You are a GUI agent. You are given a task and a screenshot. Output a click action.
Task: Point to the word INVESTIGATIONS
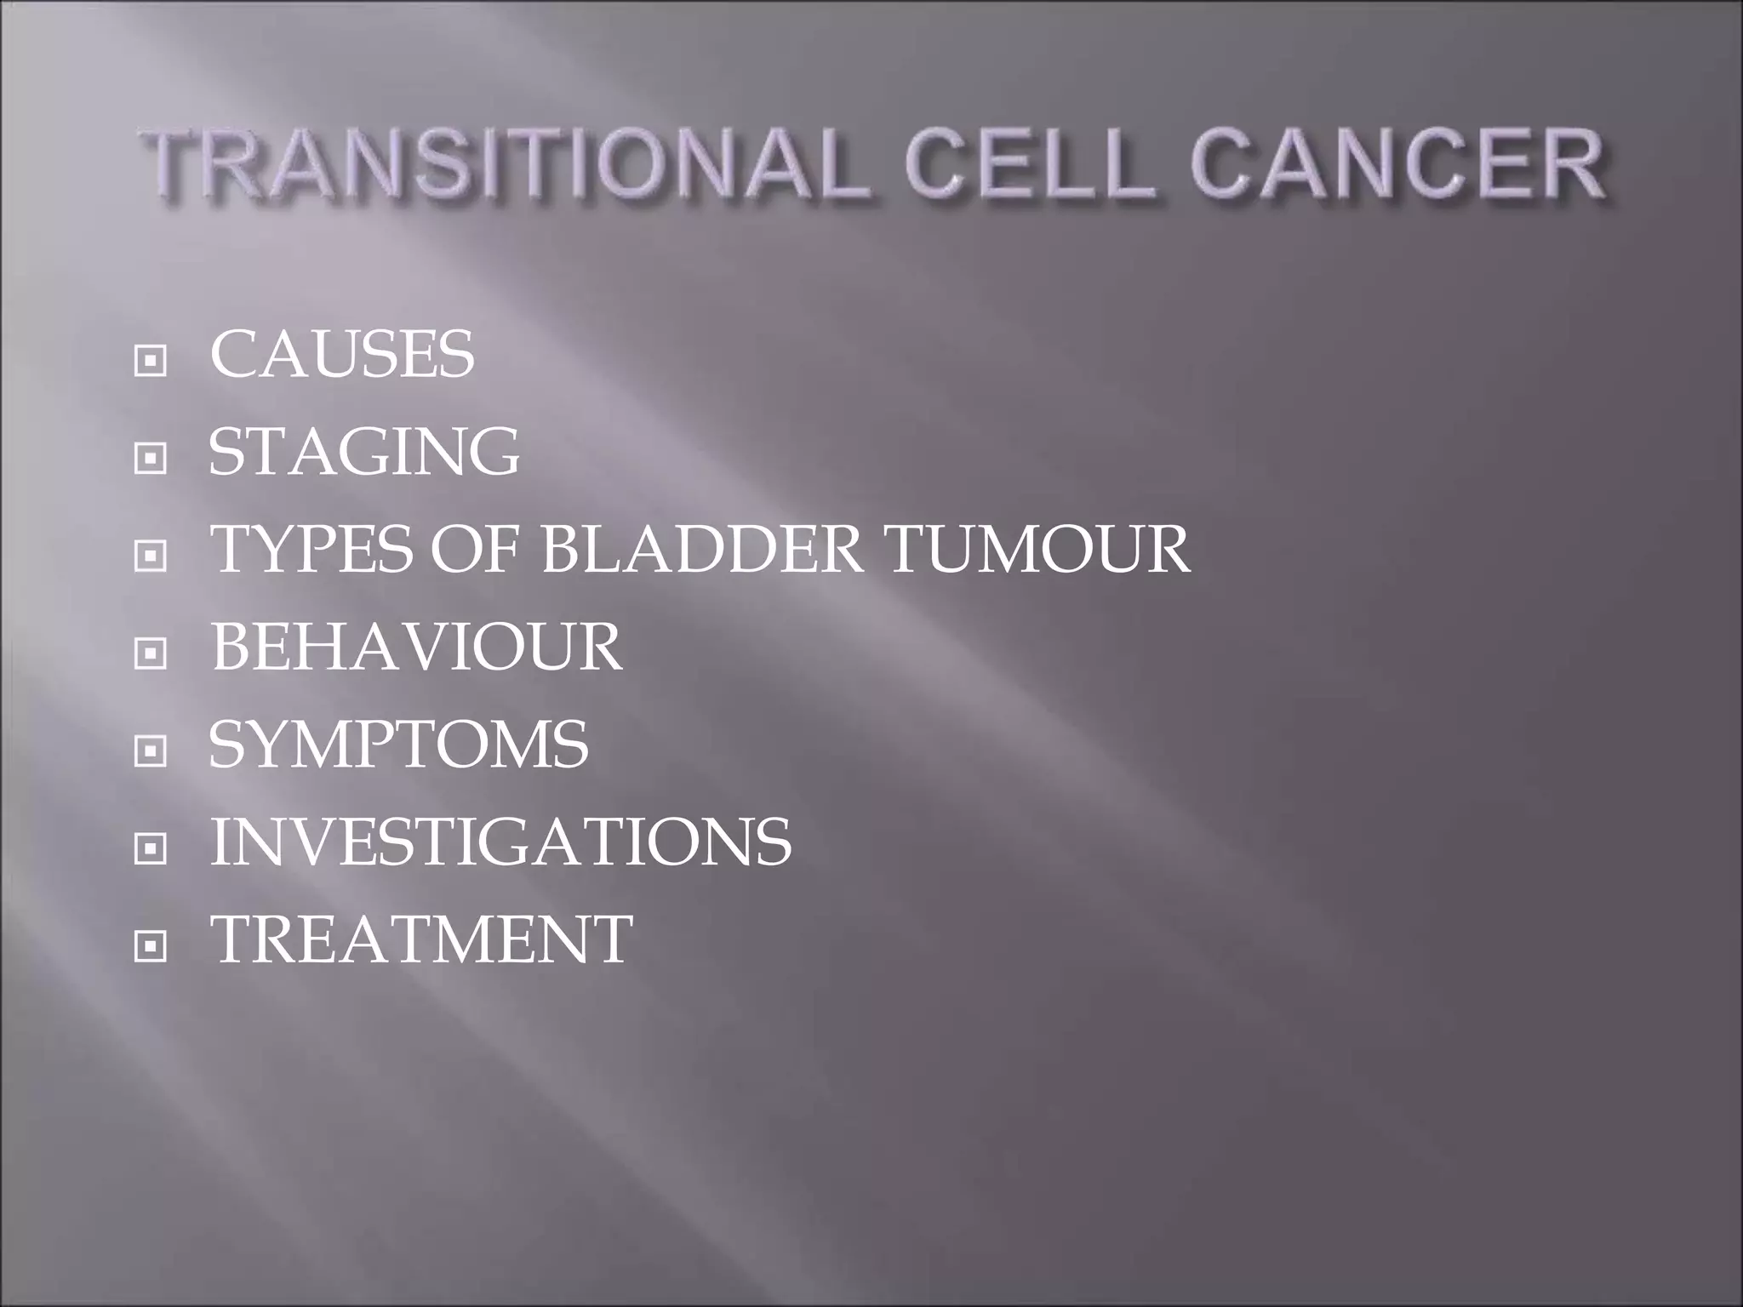click(500, 842)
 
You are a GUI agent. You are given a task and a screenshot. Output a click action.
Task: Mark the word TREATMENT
click(421, 939)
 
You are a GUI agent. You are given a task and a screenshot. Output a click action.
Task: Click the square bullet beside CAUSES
click(151, 362)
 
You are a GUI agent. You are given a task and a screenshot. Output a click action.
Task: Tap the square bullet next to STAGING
click(151, 459)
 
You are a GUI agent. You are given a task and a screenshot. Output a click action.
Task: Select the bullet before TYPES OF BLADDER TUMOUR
click(151, 556)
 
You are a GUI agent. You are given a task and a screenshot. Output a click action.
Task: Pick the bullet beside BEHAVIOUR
click(151, 654)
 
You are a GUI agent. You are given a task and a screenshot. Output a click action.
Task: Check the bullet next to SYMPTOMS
click(151, 751)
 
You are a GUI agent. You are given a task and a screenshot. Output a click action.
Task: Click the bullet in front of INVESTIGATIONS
click(151, 849)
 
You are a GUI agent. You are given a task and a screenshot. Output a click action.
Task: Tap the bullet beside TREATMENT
click(151, 946)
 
